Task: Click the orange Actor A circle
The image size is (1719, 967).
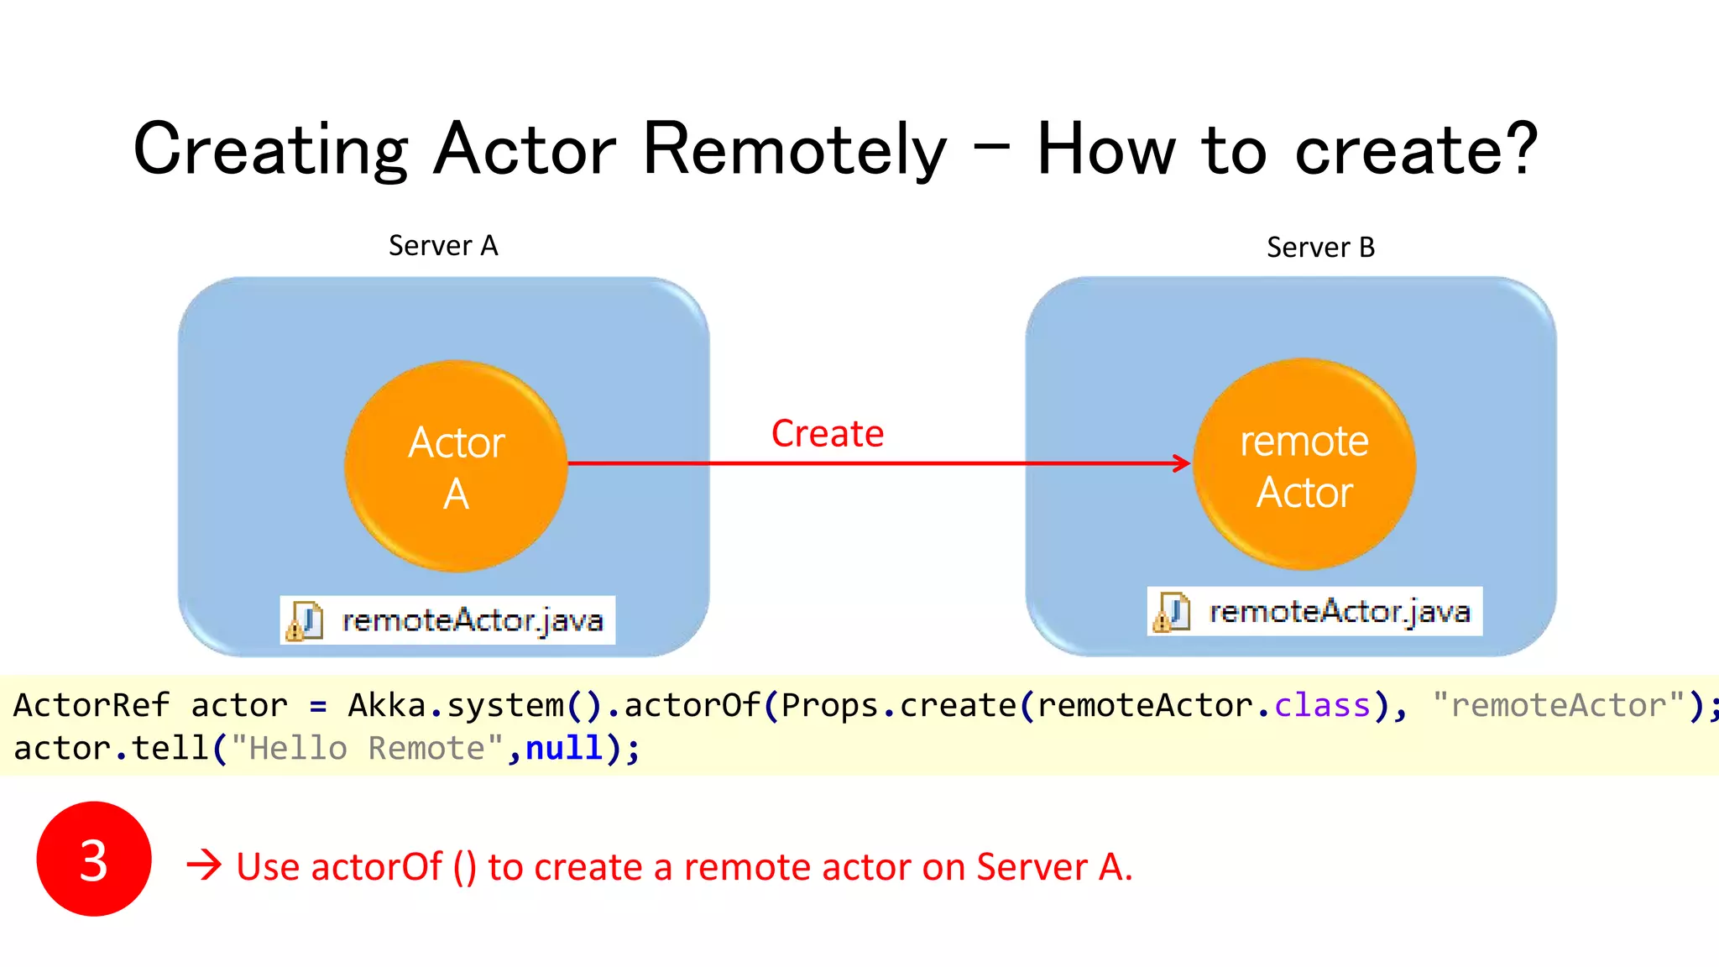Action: point(456,467)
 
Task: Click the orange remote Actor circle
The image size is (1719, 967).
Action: point(1304,464)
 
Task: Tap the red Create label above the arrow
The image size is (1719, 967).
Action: point(827,434)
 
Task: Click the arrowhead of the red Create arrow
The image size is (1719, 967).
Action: point(1182,463)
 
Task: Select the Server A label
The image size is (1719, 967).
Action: point(443,246)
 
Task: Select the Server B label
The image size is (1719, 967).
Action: point(1320,248)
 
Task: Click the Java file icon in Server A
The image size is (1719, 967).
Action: point(304,621)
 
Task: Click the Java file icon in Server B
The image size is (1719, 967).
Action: point(1172,612)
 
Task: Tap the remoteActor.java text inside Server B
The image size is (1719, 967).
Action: point(1340,612)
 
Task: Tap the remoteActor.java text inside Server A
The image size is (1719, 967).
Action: point(473,621)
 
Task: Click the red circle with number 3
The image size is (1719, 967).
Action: point(94,859)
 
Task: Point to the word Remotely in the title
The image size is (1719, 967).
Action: point(794,149)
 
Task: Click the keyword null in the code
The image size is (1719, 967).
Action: point(564,748)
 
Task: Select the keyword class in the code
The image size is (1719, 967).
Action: point(1322,705)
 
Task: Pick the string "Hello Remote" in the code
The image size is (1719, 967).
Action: point(366,748)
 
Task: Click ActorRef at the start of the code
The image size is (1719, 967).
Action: point(91,705)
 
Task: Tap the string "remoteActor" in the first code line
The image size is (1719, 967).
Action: point(1558,705)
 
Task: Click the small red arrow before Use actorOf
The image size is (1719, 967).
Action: point(204,865)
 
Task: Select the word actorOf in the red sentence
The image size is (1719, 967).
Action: point(376,867)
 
